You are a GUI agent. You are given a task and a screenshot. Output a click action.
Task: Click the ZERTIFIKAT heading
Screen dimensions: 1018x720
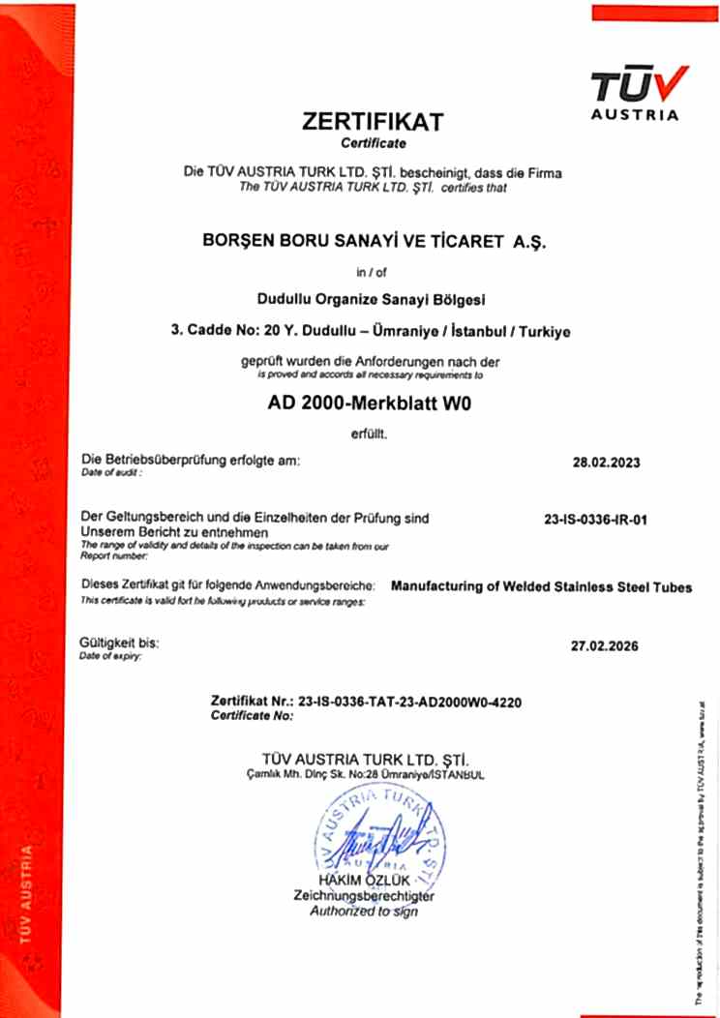[372, 122]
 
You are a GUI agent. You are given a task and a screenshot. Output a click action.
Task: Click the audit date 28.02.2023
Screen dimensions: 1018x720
[606, 462]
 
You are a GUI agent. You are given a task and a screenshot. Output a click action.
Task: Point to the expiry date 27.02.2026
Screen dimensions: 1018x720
[605, 645]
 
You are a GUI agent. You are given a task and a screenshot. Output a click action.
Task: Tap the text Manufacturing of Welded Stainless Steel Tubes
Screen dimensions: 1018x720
[540, 587]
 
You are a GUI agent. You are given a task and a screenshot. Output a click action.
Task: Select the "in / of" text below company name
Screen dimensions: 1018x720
[371, 273]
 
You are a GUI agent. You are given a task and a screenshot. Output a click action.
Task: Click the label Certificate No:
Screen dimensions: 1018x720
[251, 716]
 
